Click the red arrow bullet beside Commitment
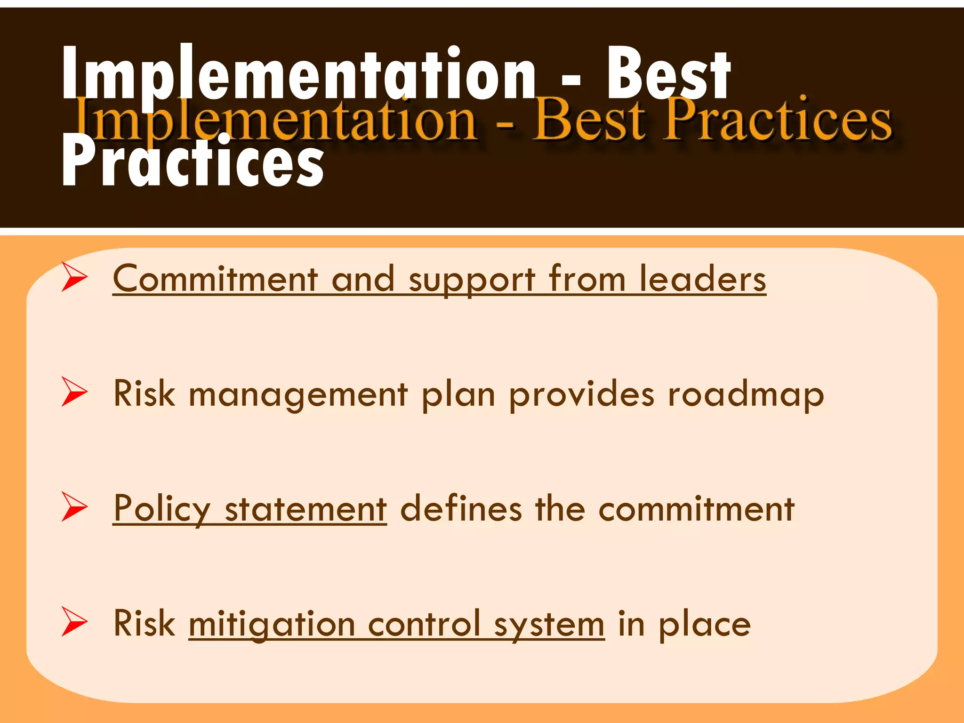74,277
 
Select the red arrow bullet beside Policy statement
74,507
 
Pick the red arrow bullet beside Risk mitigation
74,622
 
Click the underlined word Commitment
216,279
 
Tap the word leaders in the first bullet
702,279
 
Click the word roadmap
746,394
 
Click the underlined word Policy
162,509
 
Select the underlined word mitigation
272,624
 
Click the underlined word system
549,625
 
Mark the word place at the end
704,625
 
